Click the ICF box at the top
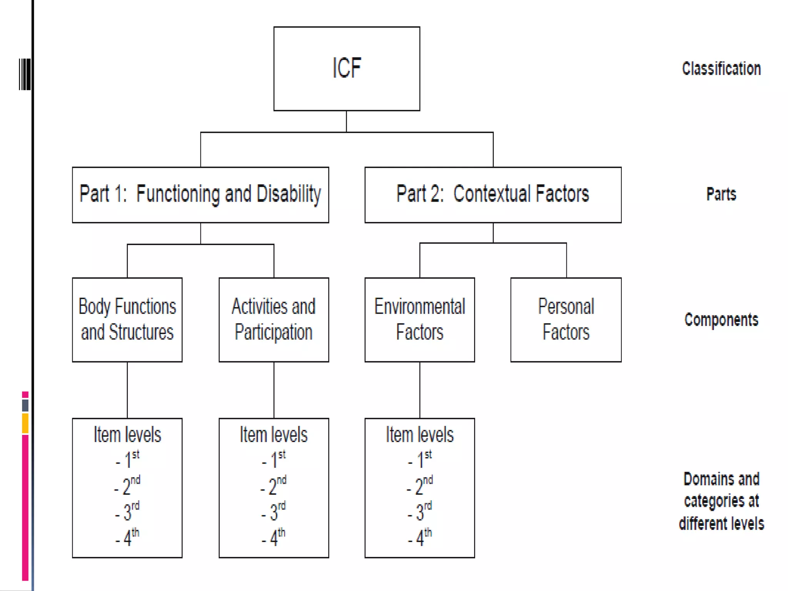click(x=347, y=68)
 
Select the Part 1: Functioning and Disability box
click(x=200, y=195)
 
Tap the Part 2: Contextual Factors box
click(x=493, y=195)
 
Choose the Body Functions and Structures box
click(x=127, y=319)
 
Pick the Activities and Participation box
click(x=274, y=319)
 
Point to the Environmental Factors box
click(x=419, y=319)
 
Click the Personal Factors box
click(x=566, y=319)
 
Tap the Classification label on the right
click(x=721, y=69)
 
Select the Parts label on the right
click(x=721, y=194)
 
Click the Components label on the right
click(x=721, y=320)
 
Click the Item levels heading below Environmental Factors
click(x=419, y=435)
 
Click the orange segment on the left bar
click(x=25, y=423)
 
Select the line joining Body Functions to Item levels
click(x=127, y=390)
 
